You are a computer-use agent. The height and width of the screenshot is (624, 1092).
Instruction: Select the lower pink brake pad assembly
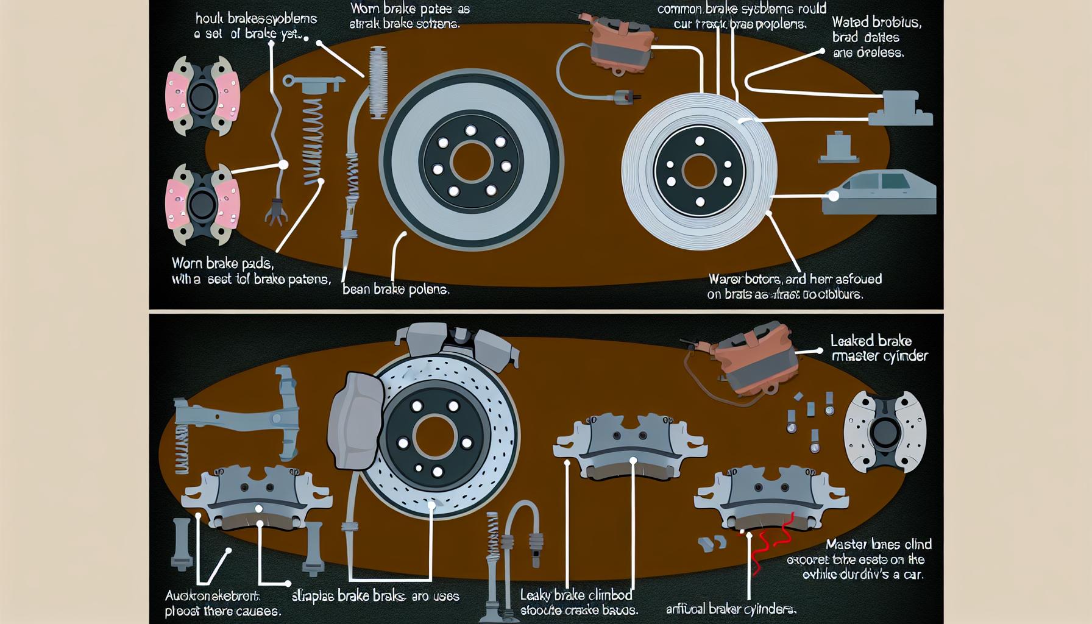(202, 202)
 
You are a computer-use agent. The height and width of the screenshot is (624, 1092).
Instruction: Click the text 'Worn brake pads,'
(222, 264)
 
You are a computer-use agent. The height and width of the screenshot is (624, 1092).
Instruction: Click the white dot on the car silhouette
(833, 196)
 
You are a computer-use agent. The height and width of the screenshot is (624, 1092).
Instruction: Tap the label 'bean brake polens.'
(395, 289)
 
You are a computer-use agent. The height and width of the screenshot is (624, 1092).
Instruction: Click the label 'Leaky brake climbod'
(576, 595)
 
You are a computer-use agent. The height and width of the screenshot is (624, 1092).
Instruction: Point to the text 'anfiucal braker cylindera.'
(731, 608)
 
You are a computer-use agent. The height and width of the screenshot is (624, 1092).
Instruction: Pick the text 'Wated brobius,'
(876, 23)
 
